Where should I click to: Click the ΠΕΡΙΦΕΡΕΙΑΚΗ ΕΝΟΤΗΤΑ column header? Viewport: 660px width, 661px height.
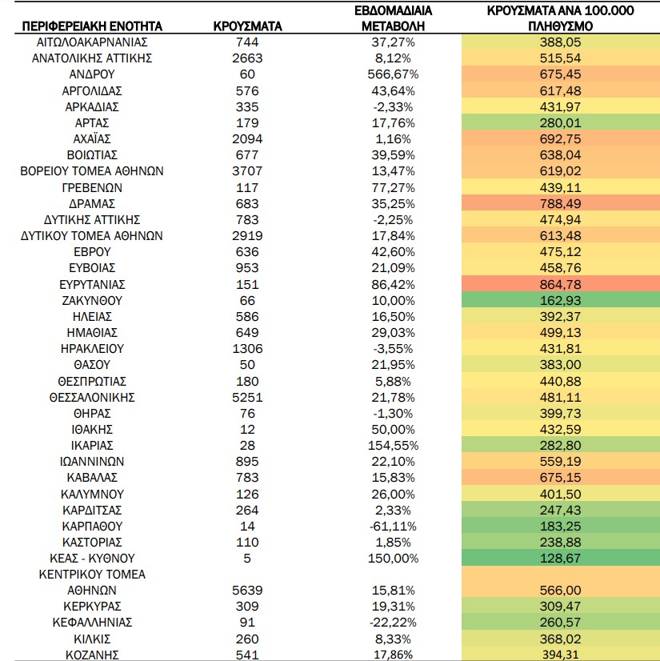coord(92,26)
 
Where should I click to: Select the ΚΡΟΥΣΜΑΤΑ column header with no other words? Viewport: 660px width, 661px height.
coord(247,26)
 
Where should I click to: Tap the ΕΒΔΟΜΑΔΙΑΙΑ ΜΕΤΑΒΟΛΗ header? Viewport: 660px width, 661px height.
coord(393,18)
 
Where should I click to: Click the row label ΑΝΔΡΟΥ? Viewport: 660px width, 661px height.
coord(92,74)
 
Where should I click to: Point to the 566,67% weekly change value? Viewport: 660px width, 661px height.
coord(393,74)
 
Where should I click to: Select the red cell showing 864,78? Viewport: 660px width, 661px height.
coord(561,285)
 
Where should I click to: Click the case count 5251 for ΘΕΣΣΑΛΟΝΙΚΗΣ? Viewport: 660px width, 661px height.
coord(247,397)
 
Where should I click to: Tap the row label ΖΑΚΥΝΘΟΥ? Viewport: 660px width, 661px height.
coord(92,301)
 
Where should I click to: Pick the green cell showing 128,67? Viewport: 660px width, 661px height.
coord(561,558)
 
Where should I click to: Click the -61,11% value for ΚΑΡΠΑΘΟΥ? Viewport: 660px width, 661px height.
coord(393,526)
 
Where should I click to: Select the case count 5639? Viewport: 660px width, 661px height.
coord(247,591)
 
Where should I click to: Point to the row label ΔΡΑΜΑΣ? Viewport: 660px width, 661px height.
coord(92,203)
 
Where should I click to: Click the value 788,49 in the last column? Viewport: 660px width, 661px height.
coord(561,203)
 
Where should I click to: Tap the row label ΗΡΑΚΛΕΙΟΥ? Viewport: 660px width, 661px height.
coord(92,349)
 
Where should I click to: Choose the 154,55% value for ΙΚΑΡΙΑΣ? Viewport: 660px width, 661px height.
coord(393,445)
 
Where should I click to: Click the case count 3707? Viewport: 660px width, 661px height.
coord(247,170)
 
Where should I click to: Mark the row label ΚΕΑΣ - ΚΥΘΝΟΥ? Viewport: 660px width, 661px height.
coord(92,558)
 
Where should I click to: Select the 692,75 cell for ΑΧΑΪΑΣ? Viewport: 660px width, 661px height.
coord(561,138)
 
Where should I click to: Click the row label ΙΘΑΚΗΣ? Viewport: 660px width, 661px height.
coord(92,429)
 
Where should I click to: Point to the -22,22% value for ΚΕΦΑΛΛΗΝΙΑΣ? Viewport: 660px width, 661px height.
coord(393,623)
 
